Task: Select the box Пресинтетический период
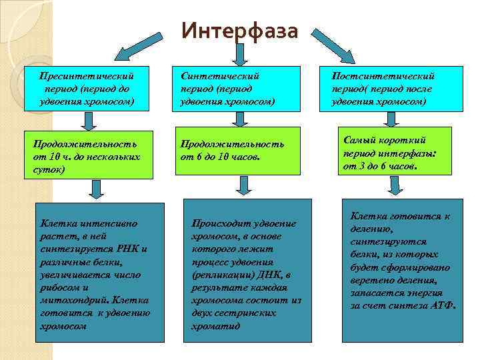[87, 89]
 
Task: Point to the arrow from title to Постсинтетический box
[337, 47]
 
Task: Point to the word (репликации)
[219, 274]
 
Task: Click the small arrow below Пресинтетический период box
[87, 120]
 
